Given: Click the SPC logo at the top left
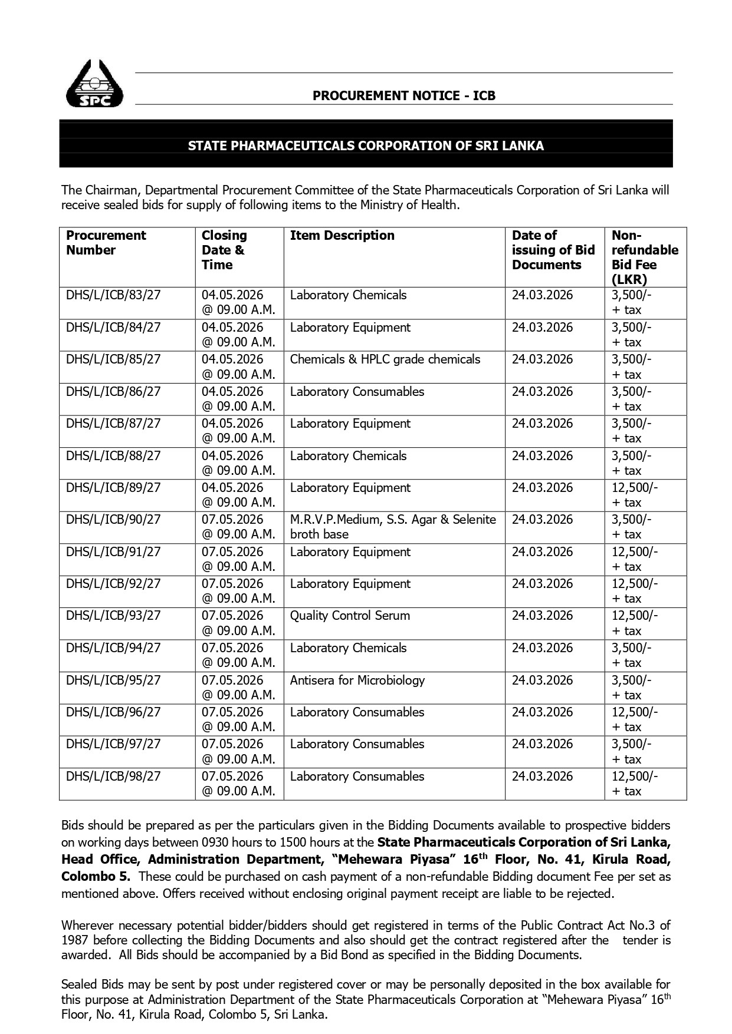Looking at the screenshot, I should coord(94,84).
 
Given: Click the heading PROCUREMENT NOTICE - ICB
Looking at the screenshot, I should coord(403,95).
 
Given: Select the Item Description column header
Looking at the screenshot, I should coord(342,236).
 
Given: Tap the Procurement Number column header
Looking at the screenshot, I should coord(106,243).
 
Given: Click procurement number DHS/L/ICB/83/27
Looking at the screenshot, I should coord(113,295).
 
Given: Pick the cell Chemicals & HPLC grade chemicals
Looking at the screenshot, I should coord(385,359).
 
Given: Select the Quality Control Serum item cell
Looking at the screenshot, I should coord(350,616).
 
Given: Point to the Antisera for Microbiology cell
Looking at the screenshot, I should coord(357,680).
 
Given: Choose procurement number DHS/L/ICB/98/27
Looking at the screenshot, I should coord(113,777).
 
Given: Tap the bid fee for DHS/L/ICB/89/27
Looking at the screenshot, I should coord(635,495).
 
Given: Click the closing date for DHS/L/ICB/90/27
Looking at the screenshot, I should coord(238,527).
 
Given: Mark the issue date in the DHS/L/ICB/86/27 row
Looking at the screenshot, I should coord(542,392).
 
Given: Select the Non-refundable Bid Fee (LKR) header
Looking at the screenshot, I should coord(644,257).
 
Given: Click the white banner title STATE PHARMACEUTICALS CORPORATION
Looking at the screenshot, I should coord(366,146).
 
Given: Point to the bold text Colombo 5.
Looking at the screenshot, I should coord(96,876).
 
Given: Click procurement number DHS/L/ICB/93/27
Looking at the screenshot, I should coord(113,616).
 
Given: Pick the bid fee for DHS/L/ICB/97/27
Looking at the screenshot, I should coord(632,751).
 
